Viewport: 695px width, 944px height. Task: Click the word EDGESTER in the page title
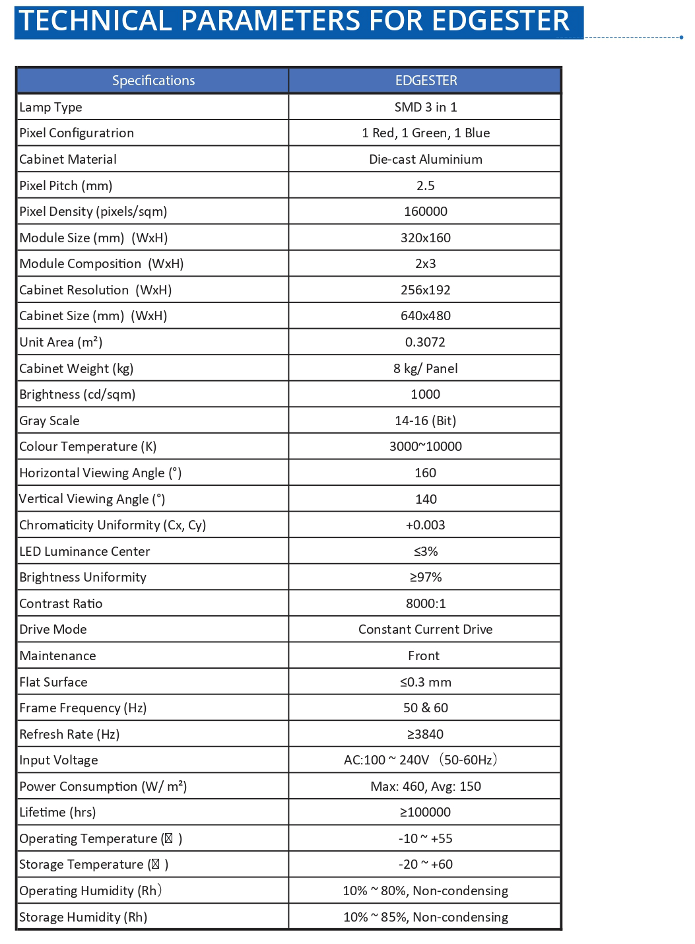(x=500, y=20)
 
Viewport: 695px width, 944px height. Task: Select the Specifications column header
(x=153, y=81)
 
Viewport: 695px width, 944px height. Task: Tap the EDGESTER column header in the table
(x=426, y=81)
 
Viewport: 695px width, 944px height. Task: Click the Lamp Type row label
(x=51, y=107)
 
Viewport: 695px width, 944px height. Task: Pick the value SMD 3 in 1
(x=426, y=107)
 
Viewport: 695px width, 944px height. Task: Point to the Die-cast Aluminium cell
(x=426, y=159)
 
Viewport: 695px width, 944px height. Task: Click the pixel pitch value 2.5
(x=426, y=185)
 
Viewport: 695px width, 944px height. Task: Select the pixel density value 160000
(x=426, y=211)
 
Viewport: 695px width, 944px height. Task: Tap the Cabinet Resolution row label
(x=95, y=290)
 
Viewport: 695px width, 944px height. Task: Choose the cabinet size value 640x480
(x=426, y=316)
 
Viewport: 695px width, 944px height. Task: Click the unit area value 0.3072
(x=426, y=342)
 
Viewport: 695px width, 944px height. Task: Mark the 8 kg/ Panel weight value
(x=426, y=368)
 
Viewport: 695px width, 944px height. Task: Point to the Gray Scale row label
(x=50, y=421)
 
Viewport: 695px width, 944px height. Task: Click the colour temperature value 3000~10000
(x=426, y=446)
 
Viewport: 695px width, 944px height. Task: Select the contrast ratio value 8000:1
(x=426, y=603)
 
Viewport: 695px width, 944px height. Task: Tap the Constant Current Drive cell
(x=426, y=629)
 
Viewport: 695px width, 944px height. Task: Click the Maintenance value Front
(x=424, y=656)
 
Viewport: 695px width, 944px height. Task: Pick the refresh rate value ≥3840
(x=426, y=734)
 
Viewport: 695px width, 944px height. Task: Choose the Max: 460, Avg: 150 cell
(x=426, y=786)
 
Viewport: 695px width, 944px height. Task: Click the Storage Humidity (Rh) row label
(x=83, y=917)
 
